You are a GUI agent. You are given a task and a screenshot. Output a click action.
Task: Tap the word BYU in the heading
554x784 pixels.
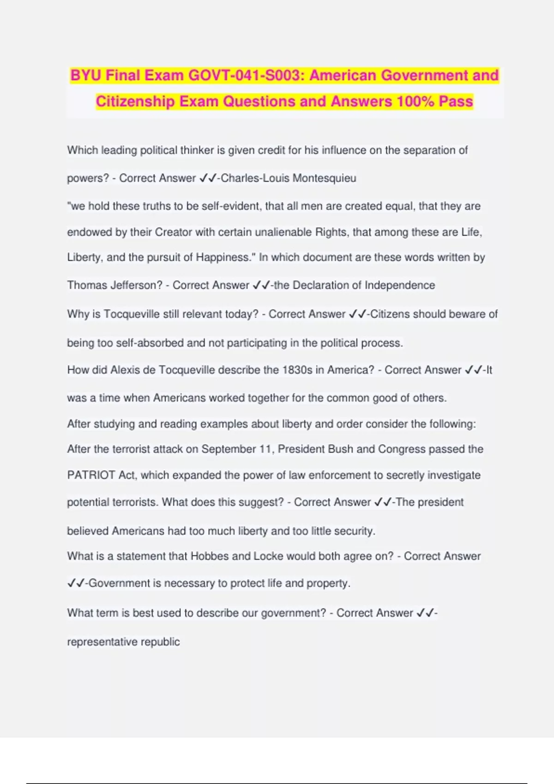(86, 75)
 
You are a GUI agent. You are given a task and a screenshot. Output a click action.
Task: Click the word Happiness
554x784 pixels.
(223, 257)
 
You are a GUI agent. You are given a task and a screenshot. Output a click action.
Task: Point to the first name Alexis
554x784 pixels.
(126, 370)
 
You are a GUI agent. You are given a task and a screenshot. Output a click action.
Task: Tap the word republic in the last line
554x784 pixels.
(161, 641)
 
